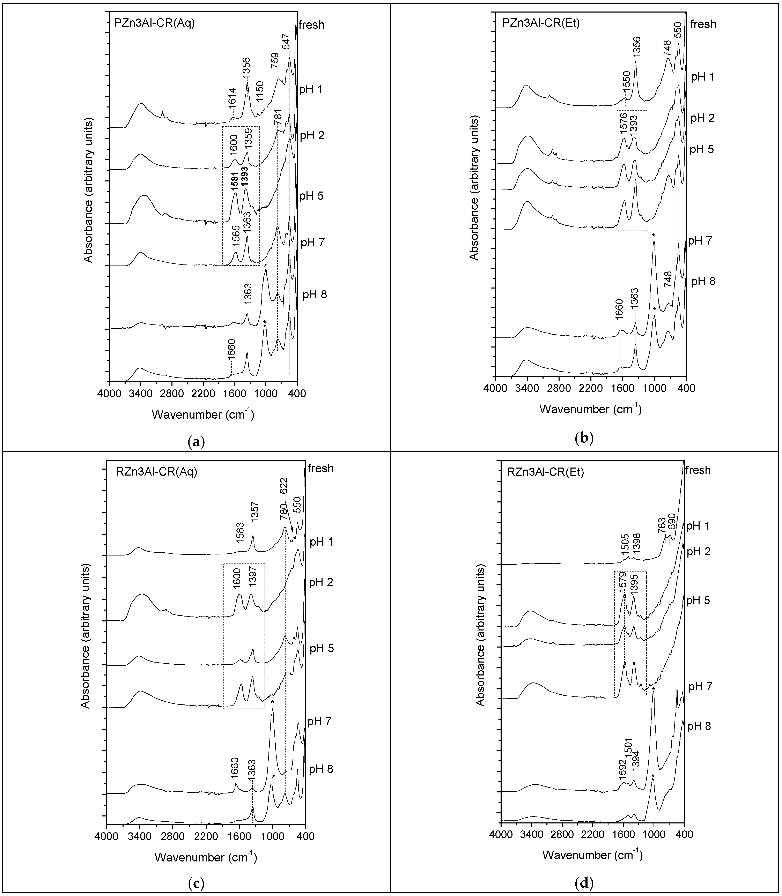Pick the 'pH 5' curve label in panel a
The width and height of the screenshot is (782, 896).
tap(311, 195)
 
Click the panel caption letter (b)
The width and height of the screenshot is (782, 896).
tap(585, 438)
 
